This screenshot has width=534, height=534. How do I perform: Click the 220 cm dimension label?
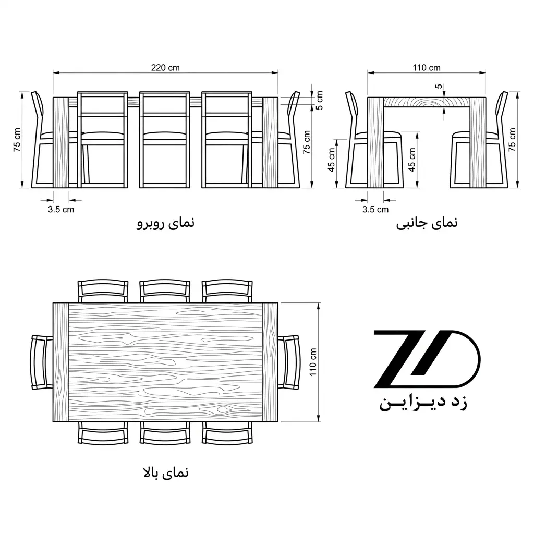pyautogui.click(x=165, y=68)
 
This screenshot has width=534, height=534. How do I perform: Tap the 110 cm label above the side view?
pyautogui.click(x=427, y=68)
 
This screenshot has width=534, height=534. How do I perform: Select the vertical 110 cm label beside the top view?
pyautogui.click(x=313, y=362)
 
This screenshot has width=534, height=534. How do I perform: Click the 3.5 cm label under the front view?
pyautogui.click(x=60, y=209)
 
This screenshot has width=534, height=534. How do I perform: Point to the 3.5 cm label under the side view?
pyautogui.click(x=375, y=209)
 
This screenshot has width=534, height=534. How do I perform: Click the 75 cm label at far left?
pyautogui.click(x=17, y=140)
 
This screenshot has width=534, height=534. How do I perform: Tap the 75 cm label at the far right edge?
pyautogui.click(x=512, y=140)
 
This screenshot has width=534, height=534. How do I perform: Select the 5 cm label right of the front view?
pyautogui.click(x=320, y=101)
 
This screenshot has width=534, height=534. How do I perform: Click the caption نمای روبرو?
pyautogui.click(x=165, y=223)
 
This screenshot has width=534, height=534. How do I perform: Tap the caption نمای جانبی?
pyautogui.click(x=427, y=223)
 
